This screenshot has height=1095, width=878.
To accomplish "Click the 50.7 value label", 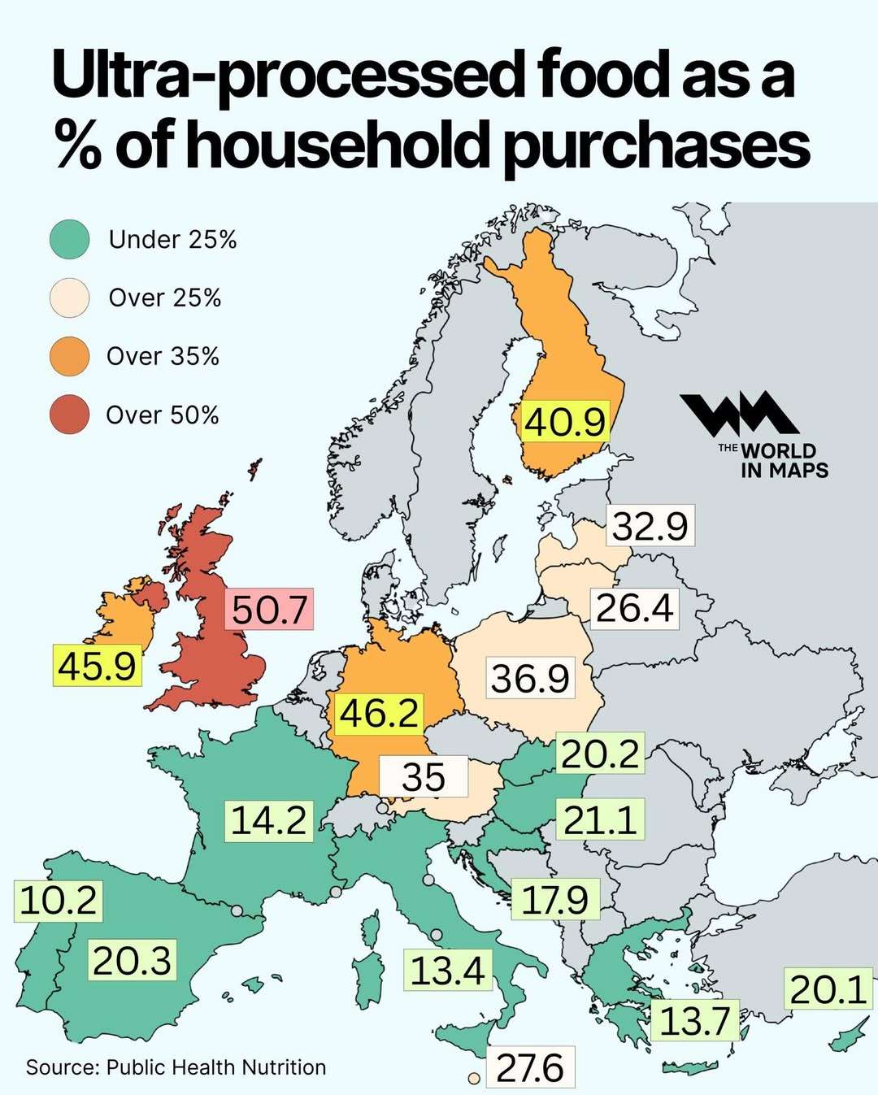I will click(269, 609).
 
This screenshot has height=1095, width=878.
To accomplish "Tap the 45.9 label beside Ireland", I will click(97, 666).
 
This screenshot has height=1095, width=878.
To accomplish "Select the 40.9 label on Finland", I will click(565, 422).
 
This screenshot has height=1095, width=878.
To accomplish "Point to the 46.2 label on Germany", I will click(379, 714).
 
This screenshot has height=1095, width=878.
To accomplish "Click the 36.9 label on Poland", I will click(530, 678).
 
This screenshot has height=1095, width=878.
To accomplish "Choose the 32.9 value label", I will click(650, 525).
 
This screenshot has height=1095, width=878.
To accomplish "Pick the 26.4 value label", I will click(634, 608).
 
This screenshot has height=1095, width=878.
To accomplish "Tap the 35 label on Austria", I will click(424, 776).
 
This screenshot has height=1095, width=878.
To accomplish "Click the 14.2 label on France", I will click(268, 819).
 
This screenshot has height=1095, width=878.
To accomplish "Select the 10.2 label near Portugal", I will click(58, 901).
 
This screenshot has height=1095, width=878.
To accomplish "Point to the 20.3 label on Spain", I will click(132, 960).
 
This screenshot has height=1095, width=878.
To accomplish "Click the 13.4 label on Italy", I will click(447, 971).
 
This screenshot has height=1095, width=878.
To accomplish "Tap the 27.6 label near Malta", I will click(530, 1067).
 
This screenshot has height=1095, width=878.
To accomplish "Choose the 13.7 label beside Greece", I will click(694, 1021).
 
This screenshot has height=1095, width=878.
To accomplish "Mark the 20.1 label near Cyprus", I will click(828, 989).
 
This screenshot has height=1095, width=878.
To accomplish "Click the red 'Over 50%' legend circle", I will click(69, 415).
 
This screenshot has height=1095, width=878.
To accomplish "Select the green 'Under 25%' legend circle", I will click(69, 240).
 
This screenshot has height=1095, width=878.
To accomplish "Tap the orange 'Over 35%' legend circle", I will click(69, 356).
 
